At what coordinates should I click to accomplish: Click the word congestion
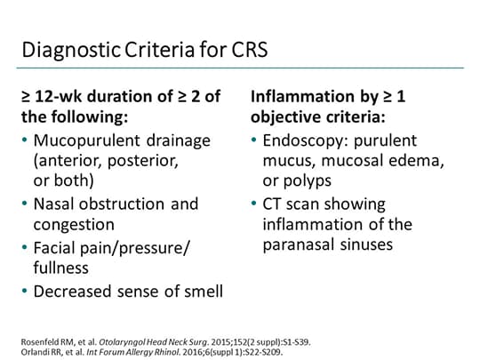(x=73, y=225)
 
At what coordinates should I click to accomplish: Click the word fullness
(x=61, y=268)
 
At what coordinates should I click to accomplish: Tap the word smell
(x=198, y=290)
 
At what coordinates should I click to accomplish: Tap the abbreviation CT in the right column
(x=275, y=204)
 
